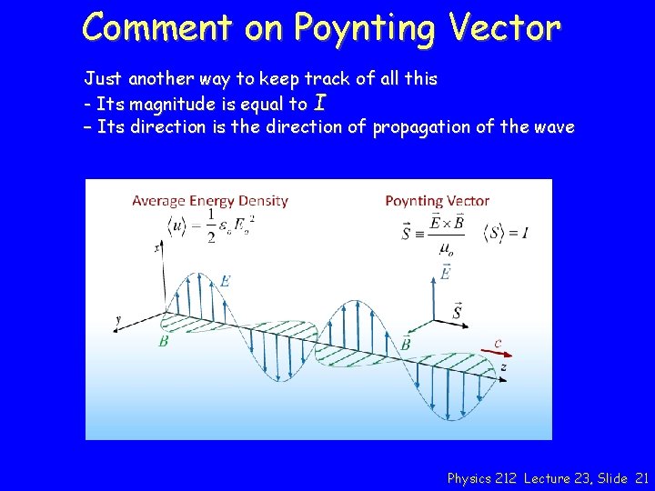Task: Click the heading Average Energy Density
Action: (x=210, y=200)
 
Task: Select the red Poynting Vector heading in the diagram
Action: (x=437, y=200)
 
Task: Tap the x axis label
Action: (x=156, y=246)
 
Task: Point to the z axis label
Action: (x=503, y=366)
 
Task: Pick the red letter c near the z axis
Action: (x=498, y=342)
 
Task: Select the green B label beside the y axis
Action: (x=163, y=341)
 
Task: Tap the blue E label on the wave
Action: (x=224, y=281)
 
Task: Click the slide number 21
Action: (x=642, y=477)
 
